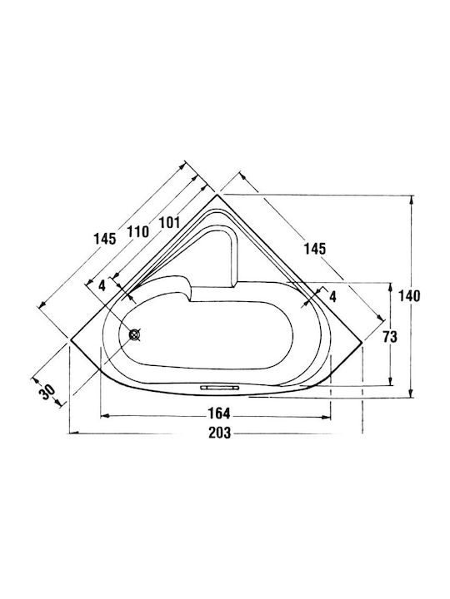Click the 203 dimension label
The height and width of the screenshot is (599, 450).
tap(220, 433)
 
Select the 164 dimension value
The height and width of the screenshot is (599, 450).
tap(219, 413)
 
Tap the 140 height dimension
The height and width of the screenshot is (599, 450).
tap(409, 295)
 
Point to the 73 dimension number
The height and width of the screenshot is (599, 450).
tap(390, 337)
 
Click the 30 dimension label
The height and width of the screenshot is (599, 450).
tap(47, 392)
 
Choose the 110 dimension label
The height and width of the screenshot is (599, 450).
tap(137, 231)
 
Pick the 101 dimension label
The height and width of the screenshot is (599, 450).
tap(168, 222)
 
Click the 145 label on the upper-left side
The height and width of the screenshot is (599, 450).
tap(105, 239)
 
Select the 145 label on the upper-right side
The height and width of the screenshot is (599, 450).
tap(315, 249)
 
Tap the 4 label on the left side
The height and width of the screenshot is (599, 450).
tap(102, 285)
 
